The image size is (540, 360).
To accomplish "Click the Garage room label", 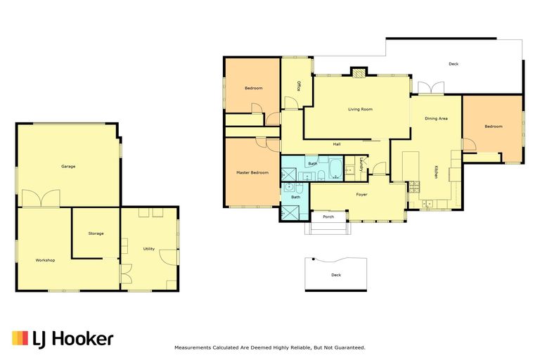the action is (68, 167).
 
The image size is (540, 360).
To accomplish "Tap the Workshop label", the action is (45, 260).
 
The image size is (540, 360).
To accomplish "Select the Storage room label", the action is (96, 233).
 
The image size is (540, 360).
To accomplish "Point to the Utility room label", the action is (149, 249).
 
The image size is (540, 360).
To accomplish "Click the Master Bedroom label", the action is (252, 172).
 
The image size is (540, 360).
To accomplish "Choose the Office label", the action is (299, 86).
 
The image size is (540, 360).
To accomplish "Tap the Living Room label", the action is (360, 109).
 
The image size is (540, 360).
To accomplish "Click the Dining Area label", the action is (436, 119).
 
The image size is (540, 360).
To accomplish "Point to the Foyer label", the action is (361, 195).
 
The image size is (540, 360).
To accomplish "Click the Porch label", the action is (328, 217).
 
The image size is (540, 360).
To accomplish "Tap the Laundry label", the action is (361, 165).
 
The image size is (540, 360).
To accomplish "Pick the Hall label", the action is (337, 144).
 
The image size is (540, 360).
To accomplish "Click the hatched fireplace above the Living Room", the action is (359, 73).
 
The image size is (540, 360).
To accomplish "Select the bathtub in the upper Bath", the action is (335, 169).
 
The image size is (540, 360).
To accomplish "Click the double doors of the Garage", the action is (41, 198).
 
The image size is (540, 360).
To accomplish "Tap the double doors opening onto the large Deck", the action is (431, 87).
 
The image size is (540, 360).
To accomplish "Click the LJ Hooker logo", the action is (63, 339).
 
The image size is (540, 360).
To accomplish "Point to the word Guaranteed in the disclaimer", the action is (352, 348).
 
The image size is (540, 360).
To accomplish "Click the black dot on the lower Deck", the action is (313, 259).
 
